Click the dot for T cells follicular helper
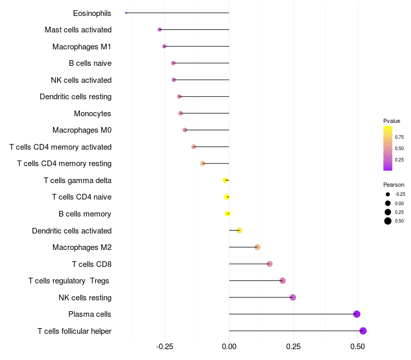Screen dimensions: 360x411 pos(363,331)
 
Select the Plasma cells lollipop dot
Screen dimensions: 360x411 pos(357,314)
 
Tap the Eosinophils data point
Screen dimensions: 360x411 pos(126,13)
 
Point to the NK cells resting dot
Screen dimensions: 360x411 pos(293,297)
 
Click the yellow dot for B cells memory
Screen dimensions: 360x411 pos(228,214)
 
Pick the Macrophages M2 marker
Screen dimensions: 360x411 pos(257,247)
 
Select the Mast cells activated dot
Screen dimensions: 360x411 pos(160,30)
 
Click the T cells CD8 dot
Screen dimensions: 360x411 pos(270,264)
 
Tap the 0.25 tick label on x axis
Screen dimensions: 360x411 pos(293,347)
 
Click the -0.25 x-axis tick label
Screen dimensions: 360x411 pos(164,347)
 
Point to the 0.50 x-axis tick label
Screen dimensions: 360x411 pos(358,347)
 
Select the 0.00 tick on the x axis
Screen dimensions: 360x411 pos(229,347)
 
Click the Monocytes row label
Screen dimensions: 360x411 pos(92,114)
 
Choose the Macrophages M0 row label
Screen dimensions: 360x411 pos(82,130)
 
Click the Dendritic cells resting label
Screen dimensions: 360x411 pos(76,97)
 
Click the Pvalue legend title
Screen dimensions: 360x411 pos(391,121)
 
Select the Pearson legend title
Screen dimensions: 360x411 pos(394,185)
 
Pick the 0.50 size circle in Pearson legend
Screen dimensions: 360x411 pos(388,221)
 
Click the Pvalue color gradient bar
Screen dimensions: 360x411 pos(388,148)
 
